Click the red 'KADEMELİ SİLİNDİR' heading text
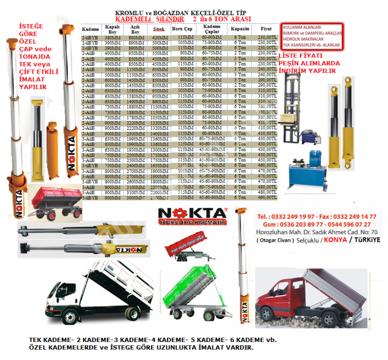coord(145,19)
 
